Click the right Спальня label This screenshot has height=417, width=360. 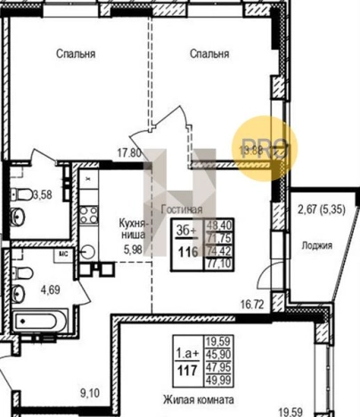pos(209,53)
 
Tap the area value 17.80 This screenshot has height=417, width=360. pos(131,151)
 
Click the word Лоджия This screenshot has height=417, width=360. pos(318,246)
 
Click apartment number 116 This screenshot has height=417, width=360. pos(186,254)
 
